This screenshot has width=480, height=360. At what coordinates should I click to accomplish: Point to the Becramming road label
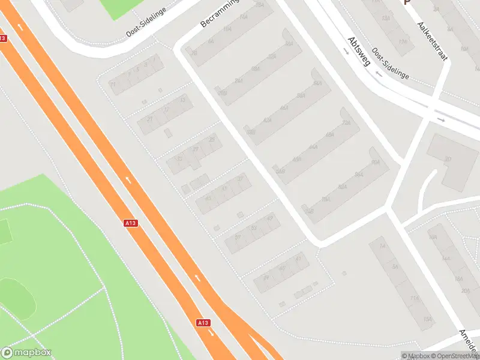[x=220, y=13]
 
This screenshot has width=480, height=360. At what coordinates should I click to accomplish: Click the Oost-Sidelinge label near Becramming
[x=145, y=27]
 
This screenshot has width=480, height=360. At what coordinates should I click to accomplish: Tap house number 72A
[x=346, y=122]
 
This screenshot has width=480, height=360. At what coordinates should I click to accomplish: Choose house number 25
[x=212, y=139]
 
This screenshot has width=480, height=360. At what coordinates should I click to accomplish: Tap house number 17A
[x=403, y=41]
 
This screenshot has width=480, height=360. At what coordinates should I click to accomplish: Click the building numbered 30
[x=448, y=159]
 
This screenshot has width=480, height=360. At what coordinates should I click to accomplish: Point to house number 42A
[x=267, y=121]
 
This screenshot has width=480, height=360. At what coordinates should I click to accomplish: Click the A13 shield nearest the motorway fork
[x=203, y=323]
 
